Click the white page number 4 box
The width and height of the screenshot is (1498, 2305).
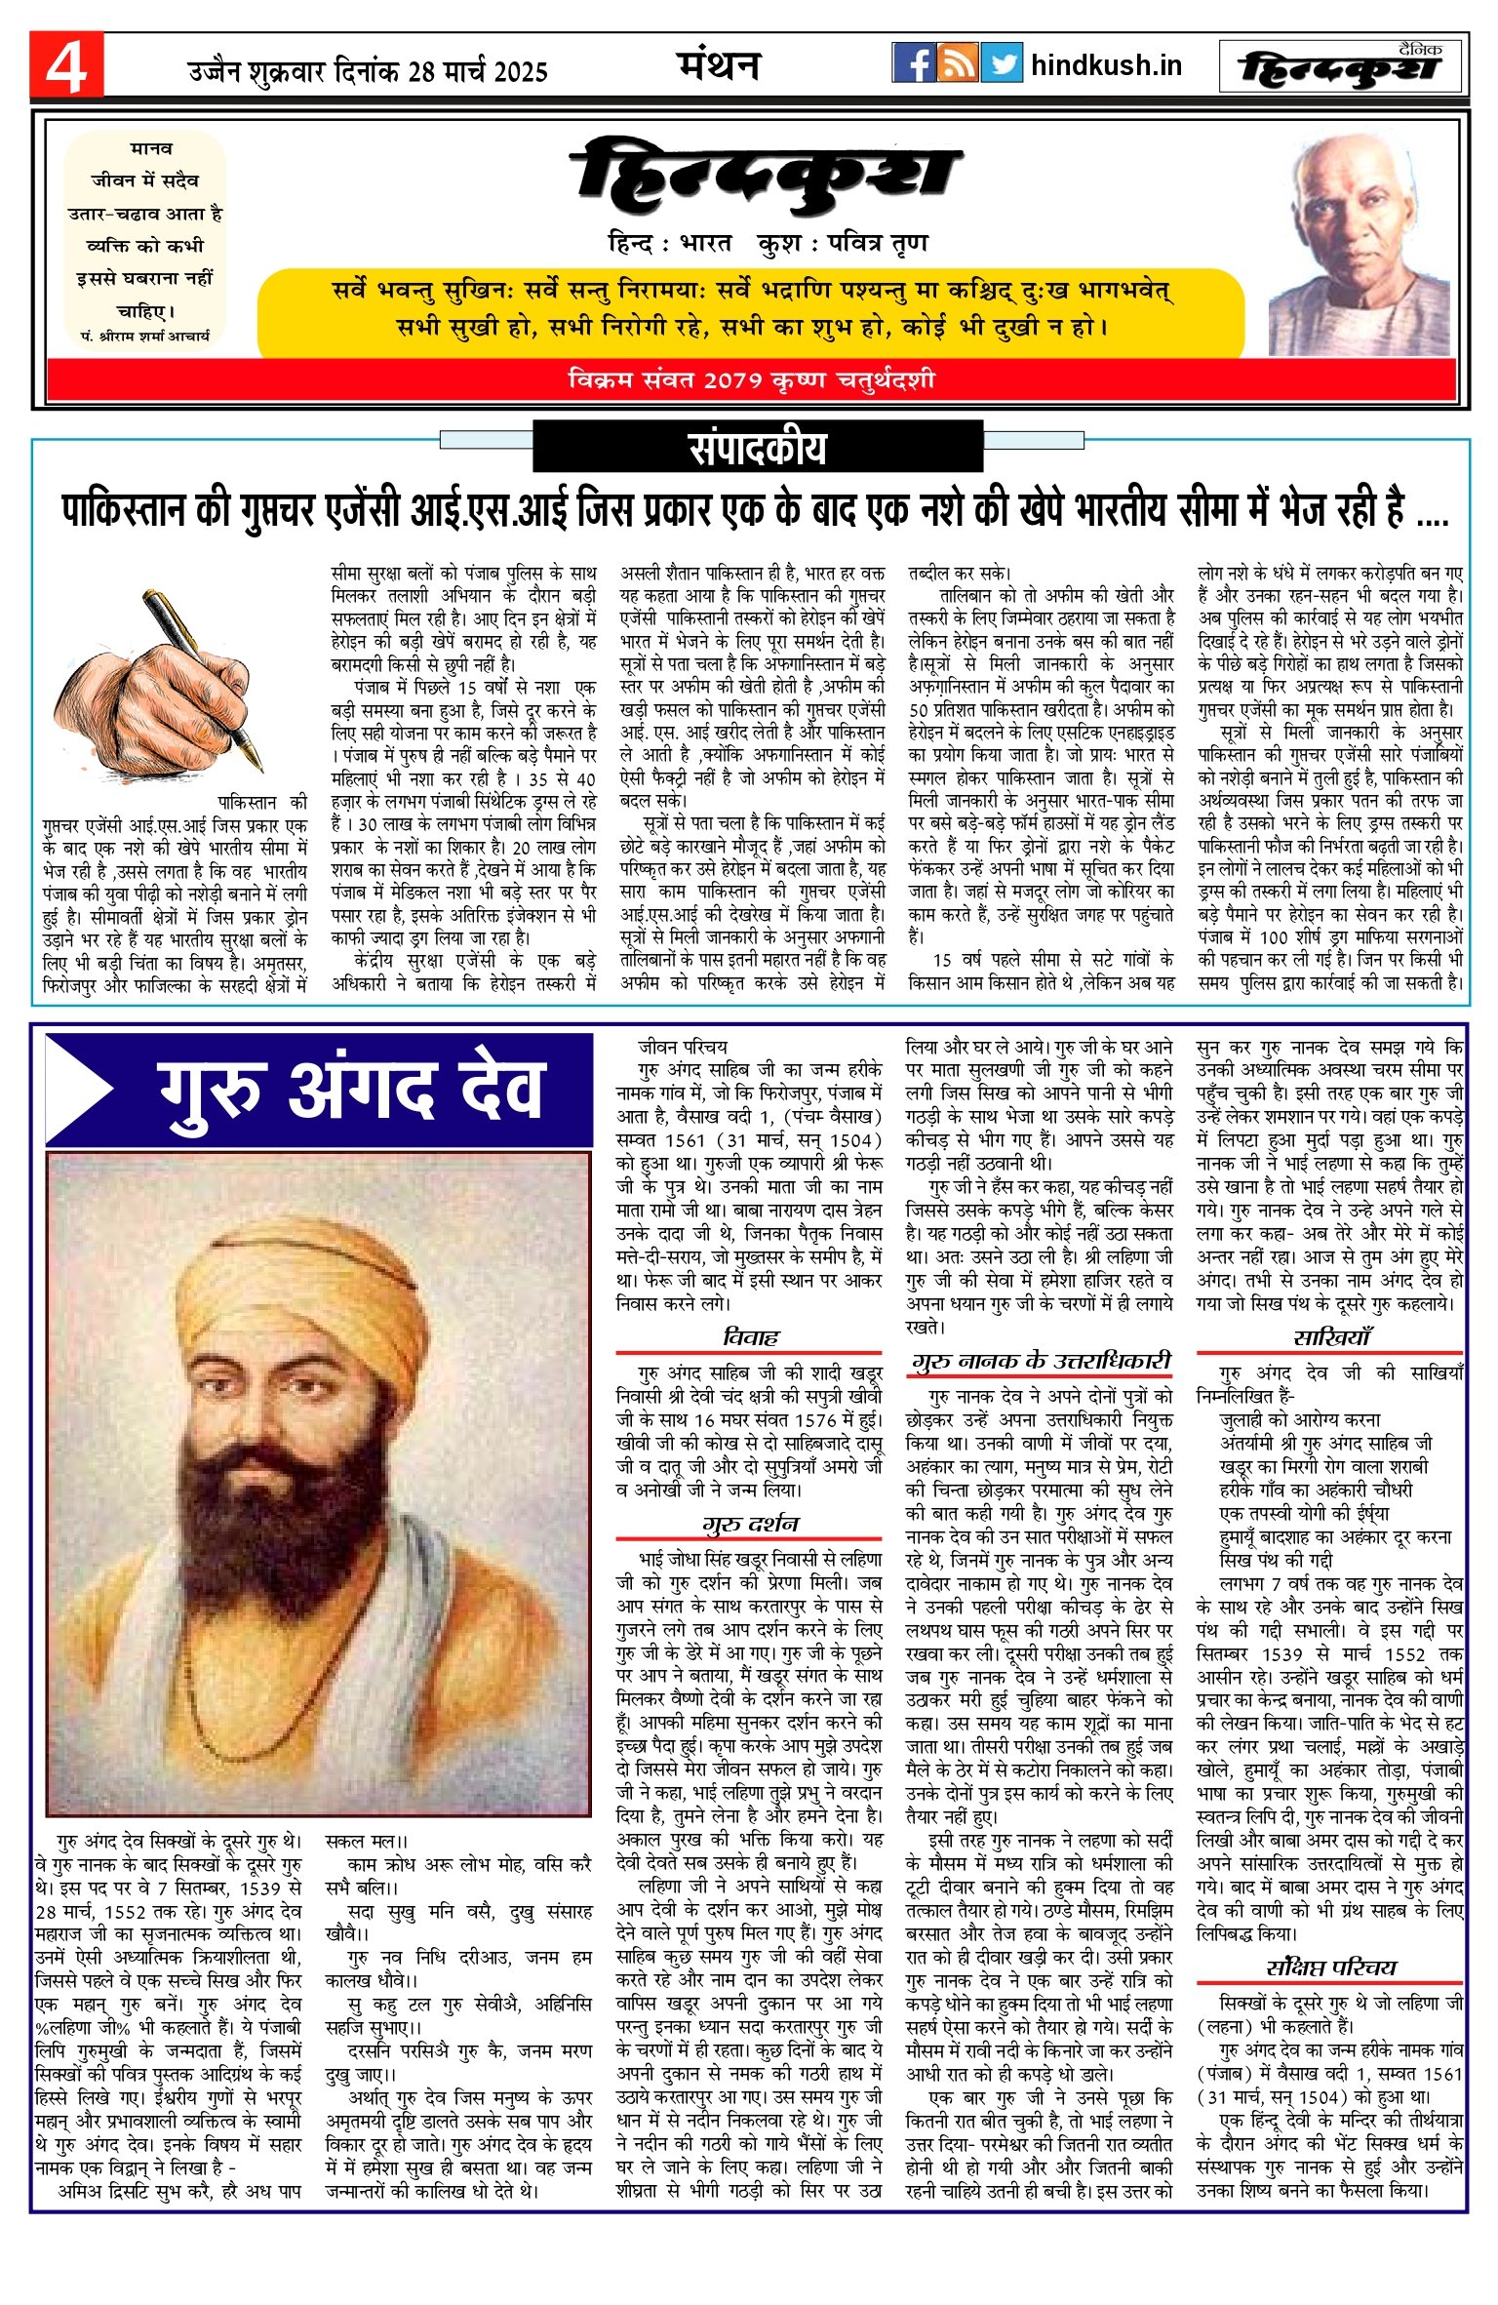[65, 65]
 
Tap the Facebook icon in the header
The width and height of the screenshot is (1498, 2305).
[913, 63]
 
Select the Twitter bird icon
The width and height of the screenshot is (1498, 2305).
[1002, 63]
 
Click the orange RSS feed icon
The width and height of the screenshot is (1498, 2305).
[958, 63]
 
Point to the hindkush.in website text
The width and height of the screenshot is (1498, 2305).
[1106, 65]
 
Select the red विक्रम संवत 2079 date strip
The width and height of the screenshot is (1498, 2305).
[751, 379]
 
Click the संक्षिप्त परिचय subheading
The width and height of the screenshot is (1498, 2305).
[1330, 1967]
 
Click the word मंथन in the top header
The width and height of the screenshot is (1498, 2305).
[719, 65]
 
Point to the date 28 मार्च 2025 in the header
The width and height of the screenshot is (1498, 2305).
[478, 71]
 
